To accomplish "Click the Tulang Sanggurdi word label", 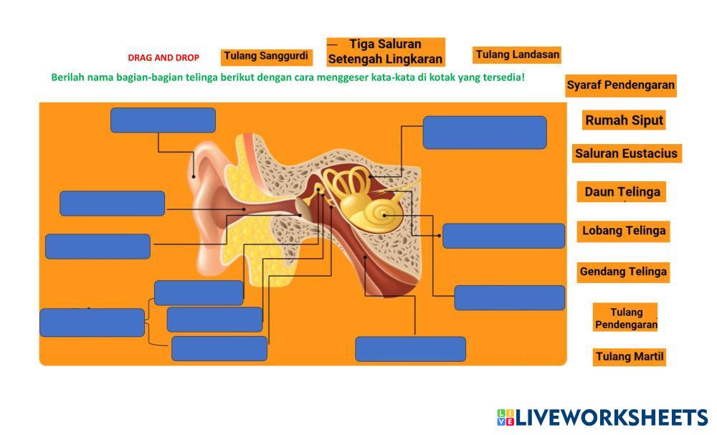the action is coord(267,57).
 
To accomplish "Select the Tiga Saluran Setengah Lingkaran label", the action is coord(386,52).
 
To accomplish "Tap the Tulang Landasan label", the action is coord(517,55).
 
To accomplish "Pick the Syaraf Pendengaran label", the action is coord(620,85).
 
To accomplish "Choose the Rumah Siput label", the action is coord(624,120).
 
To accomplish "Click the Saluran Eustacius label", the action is coord(627,153).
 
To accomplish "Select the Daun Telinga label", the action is coord(622,191).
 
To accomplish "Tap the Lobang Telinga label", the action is coord(623,231).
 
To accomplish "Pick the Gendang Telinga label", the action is coord(623,272).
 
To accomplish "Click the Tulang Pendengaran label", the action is coord(625,318).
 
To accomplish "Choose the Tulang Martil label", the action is coord(630,356).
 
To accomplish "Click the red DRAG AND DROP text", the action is coord(163,58).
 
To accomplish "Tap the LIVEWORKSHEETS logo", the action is coord(602,416).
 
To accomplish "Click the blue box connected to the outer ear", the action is coord(163,120).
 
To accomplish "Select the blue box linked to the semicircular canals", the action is coord(485,133).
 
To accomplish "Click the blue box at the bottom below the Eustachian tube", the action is coord(410,349).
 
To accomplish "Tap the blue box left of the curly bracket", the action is coord(92,322).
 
